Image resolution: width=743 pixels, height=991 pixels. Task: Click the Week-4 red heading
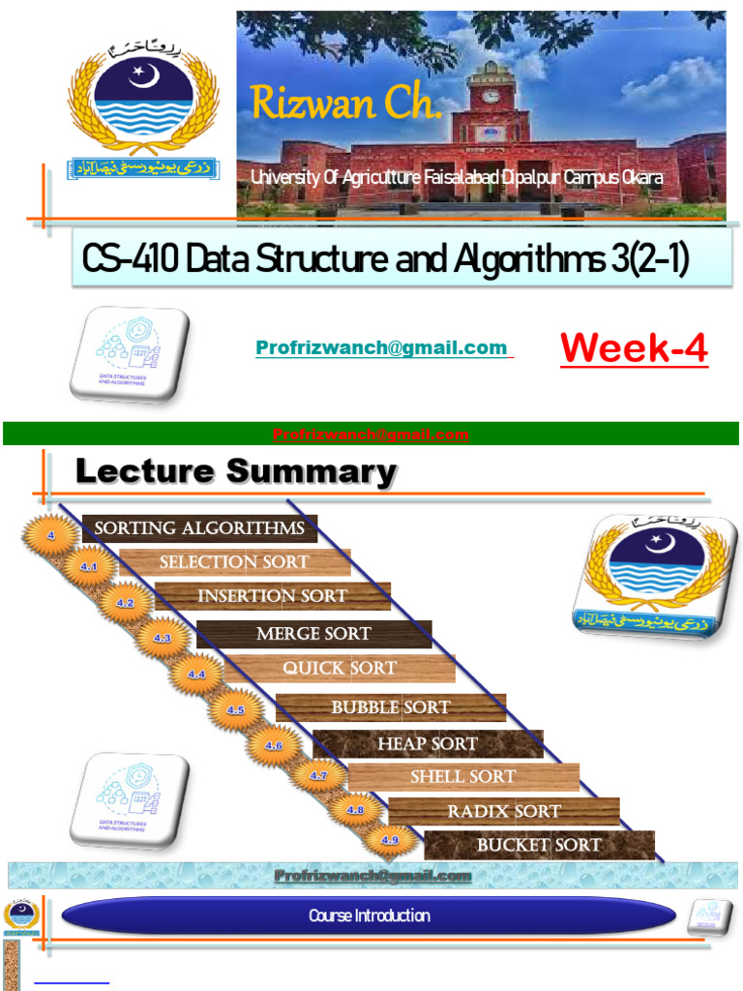click(634, 349)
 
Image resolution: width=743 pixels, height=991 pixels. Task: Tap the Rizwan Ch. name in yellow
click(345, 104)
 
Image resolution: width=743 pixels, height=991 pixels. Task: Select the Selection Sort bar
click(234, 562)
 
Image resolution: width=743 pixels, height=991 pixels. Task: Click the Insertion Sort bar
click(272, 596)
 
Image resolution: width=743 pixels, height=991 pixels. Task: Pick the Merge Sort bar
click(313, 634)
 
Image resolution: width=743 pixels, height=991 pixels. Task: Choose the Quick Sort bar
click(339, 668)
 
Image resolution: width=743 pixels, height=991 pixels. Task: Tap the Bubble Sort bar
click(390, 707)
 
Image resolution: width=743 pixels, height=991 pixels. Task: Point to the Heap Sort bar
click(427, 743)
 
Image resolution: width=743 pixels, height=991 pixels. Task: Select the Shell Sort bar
click(462, 776)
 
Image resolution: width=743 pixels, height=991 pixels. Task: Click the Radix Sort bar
click(503, 811)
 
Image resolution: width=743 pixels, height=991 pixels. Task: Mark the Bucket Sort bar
click(539, 845)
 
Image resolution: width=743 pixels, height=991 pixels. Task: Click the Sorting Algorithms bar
click(199, 528)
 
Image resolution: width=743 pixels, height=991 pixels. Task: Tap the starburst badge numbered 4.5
click(236, 710)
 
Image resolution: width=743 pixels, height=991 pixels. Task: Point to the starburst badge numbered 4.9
click(390, 841)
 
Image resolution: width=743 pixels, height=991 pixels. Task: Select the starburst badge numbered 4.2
click(125, 603)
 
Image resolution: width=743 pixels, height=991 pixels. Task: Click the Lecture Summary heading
click(235, 472)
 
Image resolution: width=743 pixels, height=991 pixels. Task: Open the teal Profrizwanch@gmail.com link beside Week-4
click(381, 347)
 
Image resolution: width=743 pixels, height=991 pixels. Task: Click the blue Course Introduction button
click(369, 916)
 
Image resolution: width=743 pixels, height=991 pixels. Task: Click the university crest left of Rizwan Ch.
click(142, 107)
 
